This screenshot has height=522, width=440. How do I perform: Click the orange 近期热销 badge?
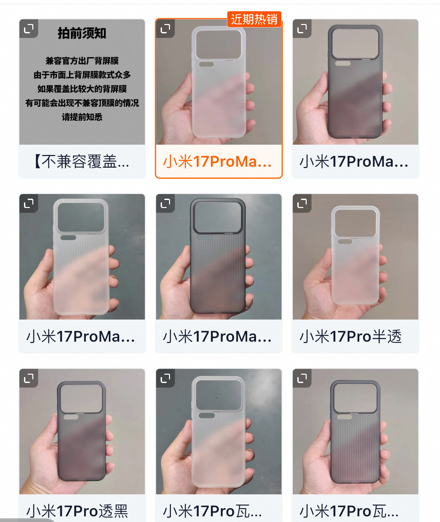point(254,19)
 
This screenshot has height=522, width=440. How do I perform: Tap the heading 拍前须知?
point(82,33)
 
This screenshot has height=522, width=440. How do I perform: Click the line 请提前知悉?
point(82,117)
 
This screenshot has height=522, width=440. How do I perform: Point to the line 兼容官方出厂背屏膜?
point(82,61)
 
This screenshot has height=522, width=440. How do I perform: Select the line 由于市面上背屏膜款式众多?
point(82,75)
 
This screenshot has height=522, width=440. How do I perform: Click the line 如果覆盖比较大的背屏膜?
point(82,89)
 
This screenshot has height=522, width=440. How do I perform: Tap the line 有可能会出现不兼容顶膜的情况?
point(82,103)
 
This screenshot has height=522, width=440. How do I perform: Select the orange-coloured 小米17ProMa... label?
point(217,161)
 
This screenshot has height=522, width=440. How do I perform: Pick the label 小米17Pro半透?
point(351,336)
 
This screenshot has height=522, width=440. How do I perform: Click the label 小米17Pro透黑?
point(77,511)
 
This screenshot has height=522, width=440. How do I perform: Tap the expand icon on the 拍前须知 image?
point(29,29)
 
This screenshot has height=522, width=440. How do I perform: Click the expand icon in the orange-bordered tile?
point(165,29)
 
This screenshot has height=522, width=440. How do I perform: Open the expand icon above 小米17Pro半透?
point(302,203)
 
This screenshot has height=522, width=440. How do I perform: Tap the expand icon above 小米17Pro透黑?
point(29,378)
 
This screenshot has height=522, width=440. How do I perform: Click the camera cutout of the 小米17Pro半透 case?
point(355,223)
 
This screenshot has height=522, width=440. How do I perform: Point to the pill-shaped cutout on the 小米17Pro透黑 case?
point(71,417)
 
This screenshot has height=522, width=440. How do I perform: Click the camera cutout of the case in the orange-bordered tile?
point(219,45)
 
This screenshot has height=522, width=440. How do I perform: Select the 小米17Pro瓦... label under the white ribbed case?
point(213,511)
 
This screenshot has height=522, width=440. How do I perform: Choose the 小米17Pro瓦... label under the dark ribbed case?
point(349,511)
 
